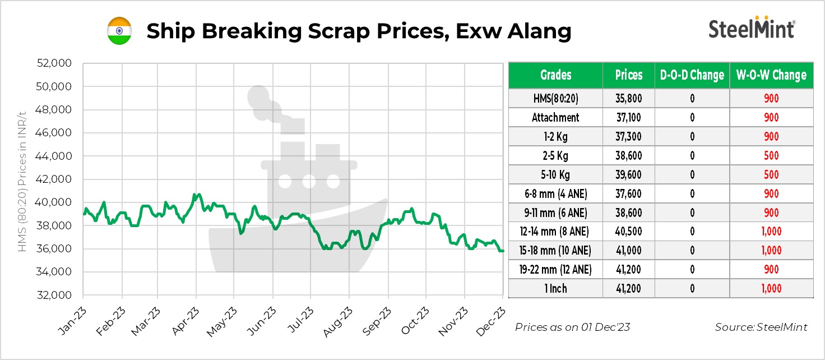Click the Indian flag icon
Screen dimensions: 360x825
tap(119, 31)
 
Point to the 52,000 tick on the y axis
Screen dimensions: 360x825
tap(54, 63)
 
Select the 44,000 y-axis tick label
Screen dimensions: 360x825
tap(54, 156)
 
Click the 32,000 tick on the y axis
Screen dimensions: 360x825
tap(54, 295)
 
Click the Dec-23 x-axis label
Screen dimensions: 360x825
tap(492, 321)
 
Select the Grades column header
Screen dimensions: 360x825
tap(555, 75)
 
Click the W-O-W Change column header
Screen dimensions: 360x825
tap(771, 75)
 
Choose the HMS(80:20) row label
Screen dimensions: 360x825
tap(555, 99)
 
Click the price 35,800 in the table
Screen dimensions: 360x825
tap(628, 99)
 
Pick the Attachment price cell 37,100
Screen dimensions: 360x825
tap(628, 118)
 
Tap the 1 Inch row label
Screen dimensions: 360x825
tap(555, 288)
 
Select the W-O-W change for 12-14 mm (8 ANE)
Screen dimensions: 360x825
tap(771, 231)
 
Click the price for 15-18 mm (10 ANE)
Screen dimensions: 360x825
tap(628, 250)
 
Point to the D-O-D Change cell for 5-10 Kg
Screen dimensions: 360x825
tap(692, 174)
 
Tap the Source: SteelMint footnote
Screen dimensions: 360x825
tap(761, 327)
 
